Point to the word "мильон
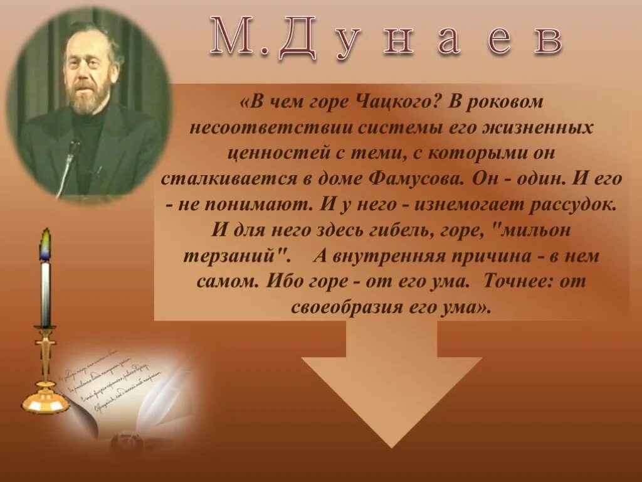[532, 230]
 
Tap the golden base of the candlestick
[45, 402]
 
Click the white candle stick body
[45, 292]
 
